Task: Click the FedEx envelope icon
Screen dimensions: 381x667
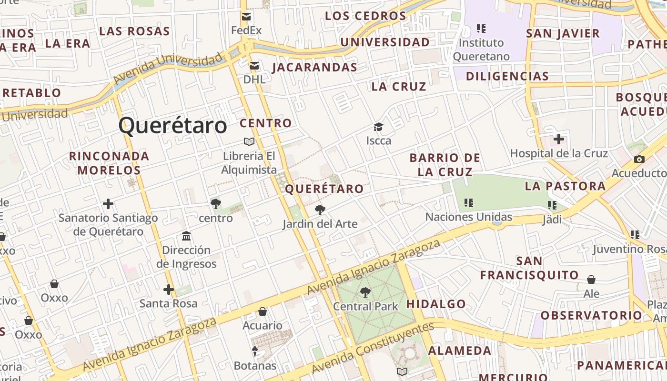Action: pyautogui.click(x=246, y=17)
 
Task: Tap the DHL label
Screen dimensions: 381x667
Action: pyautogui.click(x=254, y=79)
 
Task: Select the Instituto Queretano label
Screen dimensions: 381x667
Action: pyautogui.click(x=481, y=50)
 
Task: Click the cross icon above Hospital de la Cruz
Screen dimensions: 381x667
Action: pyautogui.click(x=559, y=140)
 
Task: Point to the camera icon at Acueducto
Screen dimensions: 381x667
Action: pyautogui.click(x=639, y=160)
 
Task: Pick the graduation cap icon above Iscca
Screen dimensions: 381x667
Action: pyautogui.click(x=378, y=127)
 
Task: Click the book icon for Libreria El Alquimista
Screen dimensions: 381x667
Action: pyautogui.click(x=249, y=141)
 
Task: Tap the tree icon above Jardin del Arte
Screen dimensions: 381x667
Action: pyautogui.click(x=320, y=210)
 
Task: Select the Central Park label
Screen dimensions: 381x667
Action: pyautogui.click(x=365, y=306)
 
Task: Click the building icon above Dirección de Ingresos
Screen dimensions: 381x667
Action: pyautogui.click(x=186, y=236)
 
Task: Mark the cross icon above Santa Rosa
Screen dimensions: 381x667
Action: pyautogui.click(x=168, y=289)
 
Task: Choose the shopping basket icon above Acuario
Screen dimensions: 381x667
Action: pyautogui.click(x=262, y=311)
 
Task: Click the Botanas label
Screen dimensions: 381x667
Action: pyautogui.click(x=255, y=366)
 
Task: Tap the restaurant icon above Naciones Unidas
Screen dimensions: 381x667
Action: pyautogui.click(x=469, y=203)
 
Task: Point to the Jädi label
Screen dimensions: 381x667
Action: pyautogui.click(x=552, y=220)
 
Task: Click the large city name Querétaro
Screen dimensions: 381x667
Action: pyautogui.click(x=172, y=126)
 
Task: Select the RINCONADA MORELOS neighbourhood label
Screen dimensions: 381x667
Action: pyautogui.click(x=109, y=163)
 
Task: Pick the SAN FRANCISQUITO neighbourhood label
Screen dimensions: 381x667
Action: pyautogui.click(x=529, y=268)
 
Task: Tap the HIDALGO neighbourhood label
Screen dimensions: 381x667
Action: pyautogui.click(x=436, y=304)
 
